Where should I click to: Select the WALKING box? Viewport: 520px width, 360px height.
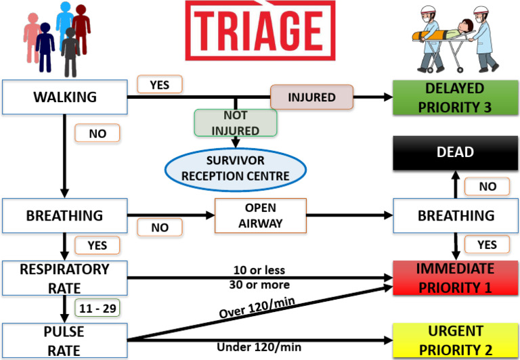(65, 97)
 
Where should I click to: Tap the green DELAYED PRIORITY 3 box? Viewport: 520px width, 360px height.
(454, 97)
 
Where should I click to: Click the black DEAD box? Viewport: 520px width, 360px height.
(454, 153)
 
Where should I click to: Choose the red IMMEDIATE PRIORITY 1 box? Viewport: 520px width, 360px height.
(454, 277)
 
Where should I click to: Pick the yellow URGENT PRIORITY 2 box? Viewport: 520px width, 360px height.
(454, 340)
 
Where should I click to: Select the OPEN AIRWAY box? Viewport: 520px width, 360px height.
(260, 215)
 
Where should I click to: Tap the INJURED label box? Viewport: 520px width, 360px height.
(311, 97)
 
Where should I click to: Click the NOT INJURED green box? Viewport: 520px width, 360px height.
(236, 123)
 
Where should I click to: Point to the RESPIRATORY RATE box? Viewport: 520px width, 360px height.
(65, 277)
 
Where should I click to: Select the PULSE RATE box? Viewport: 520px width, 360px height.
(65, 340)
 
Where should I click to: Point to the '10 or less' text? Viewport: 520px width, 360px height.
(260, 270)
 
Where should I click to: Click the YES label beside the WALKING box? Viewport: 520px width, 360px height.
(160, 85)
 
